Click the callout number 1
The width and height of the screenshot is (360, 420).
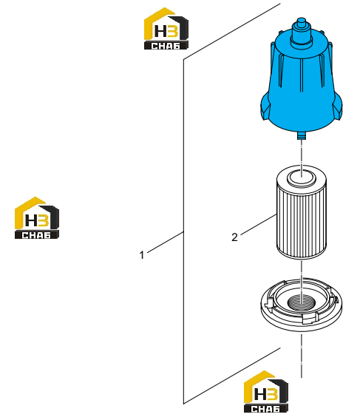142,254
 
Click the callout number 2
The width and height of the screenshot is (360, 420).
234,237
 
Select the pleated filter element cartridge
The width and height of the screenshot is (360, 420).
302,212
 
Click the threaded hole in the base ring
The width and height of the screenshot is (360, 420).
302,302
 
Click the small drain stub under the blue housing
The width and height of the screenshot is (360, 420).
302,135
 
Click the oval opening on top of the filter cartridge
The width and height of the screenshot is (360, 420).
302,178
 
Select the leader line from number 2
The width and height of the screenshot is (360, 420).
258,225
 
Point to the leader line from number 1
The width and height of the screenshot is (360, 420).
166,242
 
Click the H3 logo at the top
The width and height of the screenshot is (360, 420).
166,28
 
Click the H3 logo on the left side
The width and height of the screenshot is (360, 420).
37,218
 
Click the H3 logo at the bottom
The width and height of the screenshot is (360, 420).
266,392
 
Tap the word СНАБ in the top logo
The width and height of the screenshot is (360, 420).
166,46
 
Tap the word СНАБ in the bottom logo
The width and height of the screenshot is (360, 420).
266,409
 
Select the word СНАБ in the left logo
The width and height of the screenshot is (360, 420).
37,235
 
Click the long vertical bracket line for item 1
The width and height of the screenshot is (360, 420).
183,231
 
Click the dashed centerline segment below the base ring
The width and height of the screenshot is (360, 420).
302,356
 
